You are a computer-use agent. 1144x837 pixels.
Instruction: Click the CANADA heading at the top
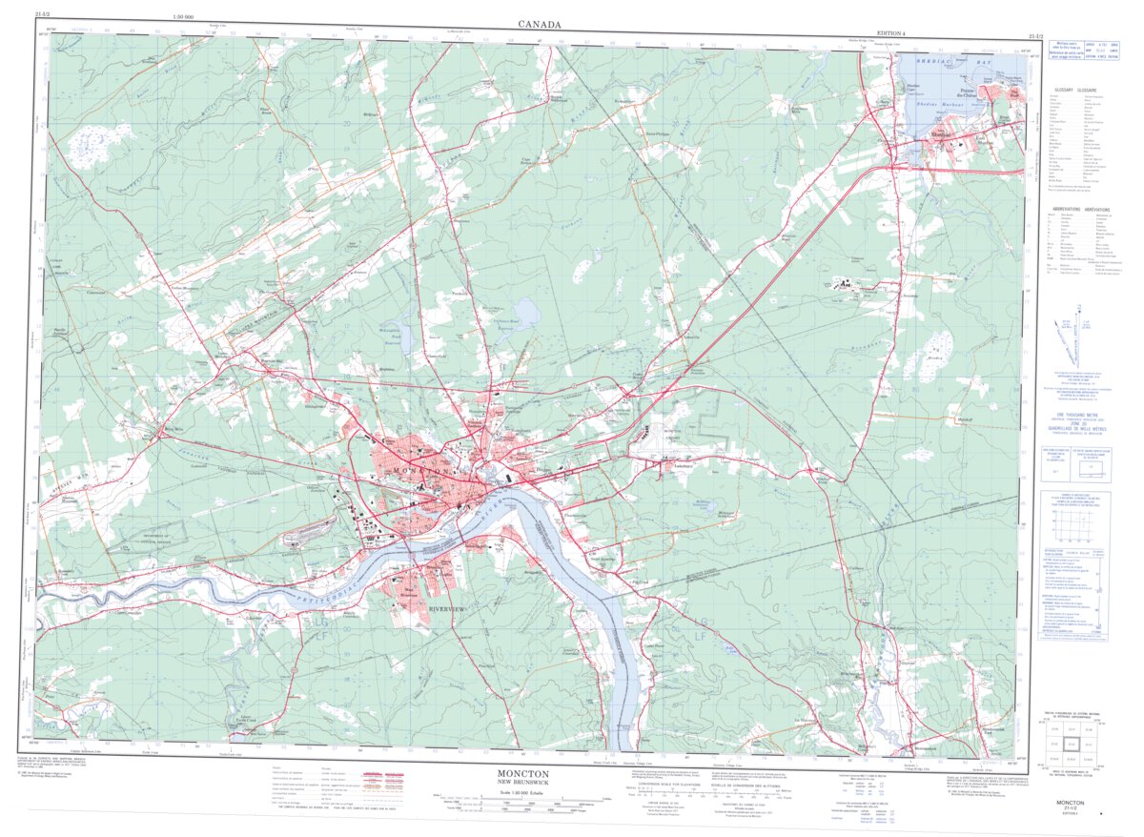539,24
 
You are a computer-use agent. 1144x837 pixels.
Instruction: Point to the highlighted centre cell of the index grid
1072,743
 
